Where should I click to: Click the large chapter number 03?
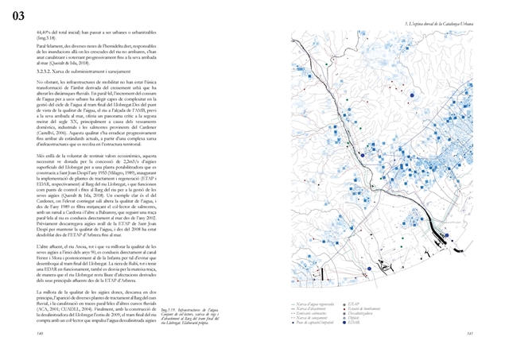point(18,16)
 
